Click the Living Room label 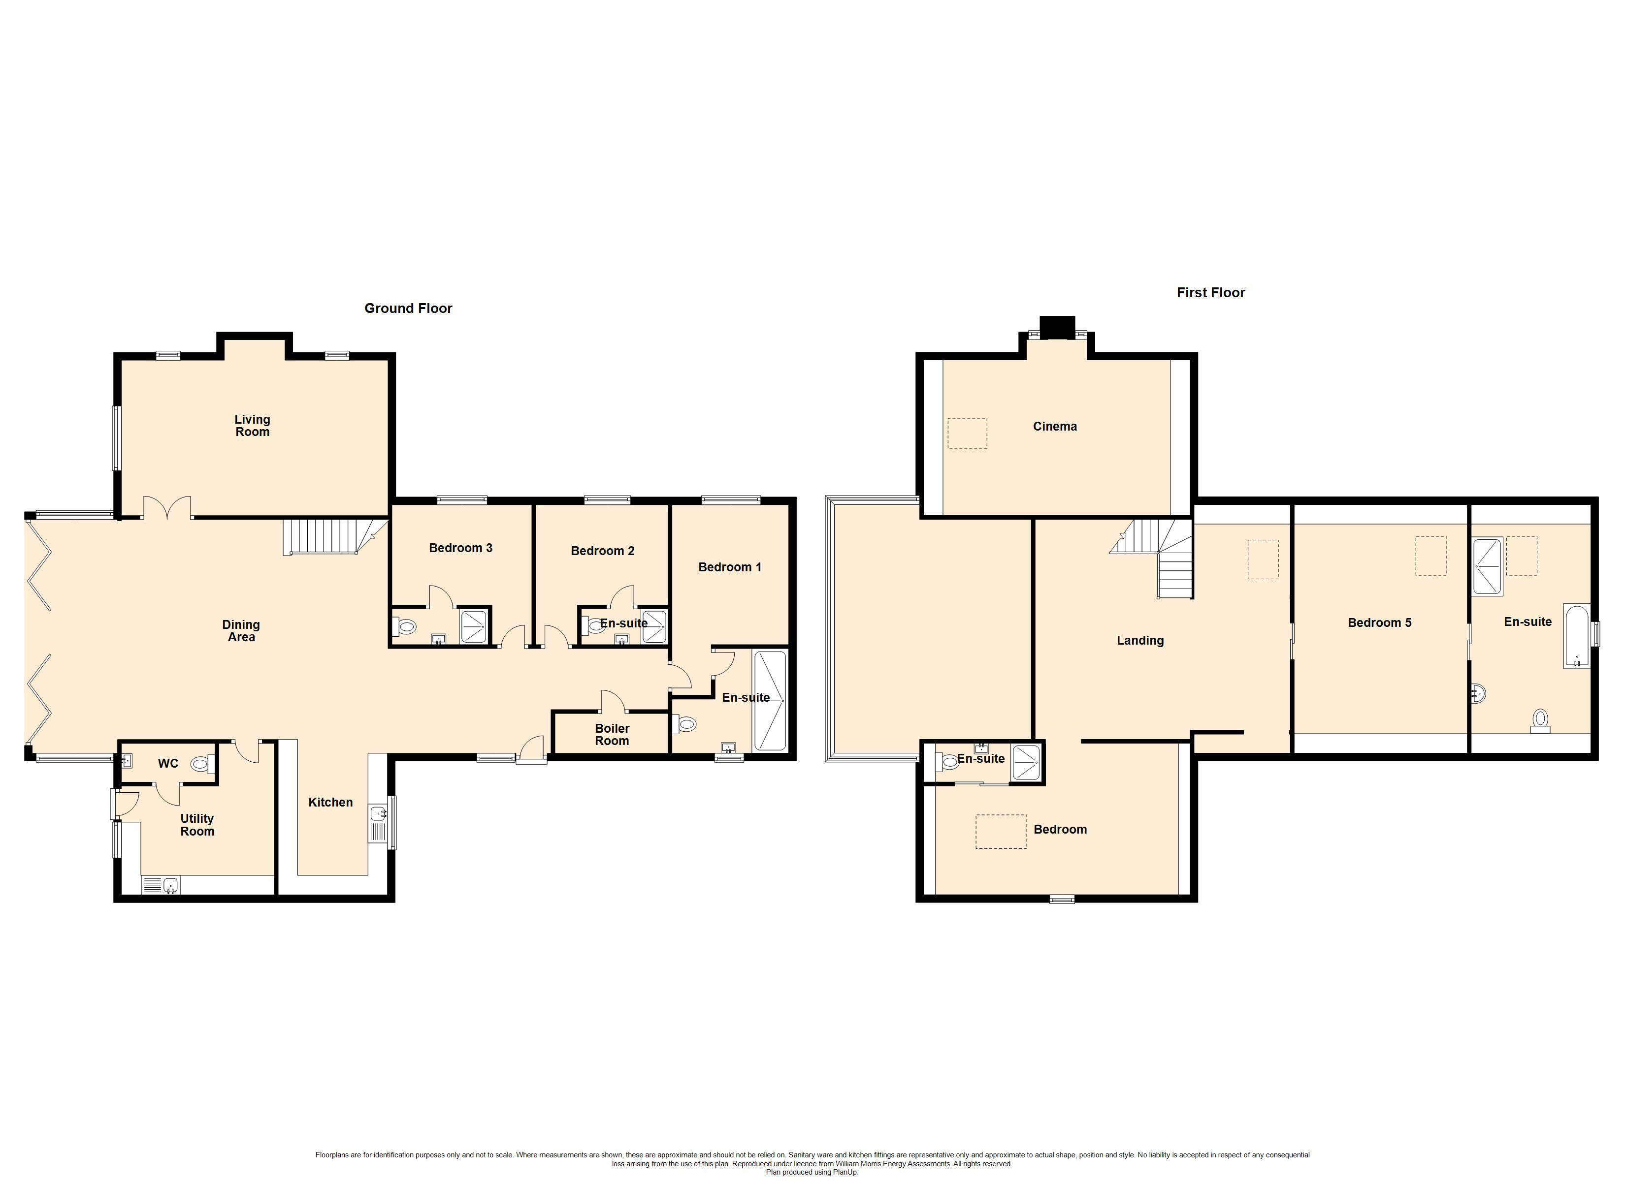(x=252, y=426)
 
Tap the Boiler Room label (x=612, y=735)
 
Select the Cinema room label (x=1055, y=426)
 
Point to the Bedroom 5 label (x=1379, y=622)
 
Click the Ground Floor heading (x=408, y=308)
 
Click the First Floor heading (x=1211, y=292)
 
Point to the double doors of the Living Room (x=167, y=507)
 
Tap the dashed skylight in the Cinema (x=967, y=434)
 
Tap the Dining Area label (x=241, y=631)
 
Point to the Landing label (x=1140, y=640)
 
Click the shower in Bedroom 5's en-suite (x=1488, y=566)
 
